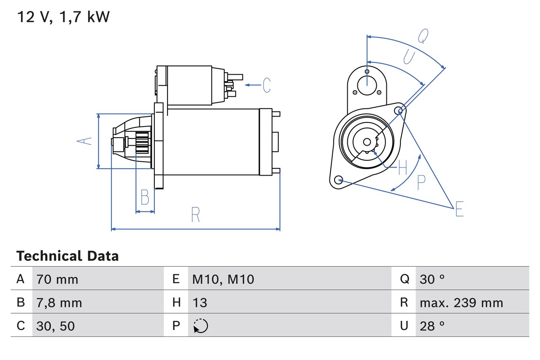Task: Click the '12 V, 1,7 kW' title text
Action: click(x=63, y=17)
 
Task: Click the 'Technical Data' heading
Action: click(x=67, y=256)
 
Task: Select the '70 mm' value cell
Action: click(x=57, y=279)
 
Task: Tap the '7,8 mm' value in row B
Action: click(x=59, y=303)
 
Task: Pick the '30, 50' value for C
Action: click(x=56, y=326)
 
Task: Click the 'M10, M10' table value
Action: click(x=223, y=279)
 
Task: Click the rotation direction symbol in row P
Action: click(x=200, y=326)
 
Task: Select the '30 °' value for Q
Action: click(x=432, y=279)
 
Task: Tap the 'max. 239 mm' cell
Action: click(x=462, y=303)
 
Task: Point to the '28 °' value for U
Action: click(x=432, y=326)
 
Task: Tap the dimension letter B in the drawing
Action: click(x=145, y=197)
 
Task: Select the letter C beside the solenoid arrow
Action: click(x=266, y=85)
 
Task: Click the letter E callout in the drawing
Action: click(x=459, y=209)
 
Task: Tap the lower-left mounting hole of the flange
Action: click(x=338, y=180)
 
